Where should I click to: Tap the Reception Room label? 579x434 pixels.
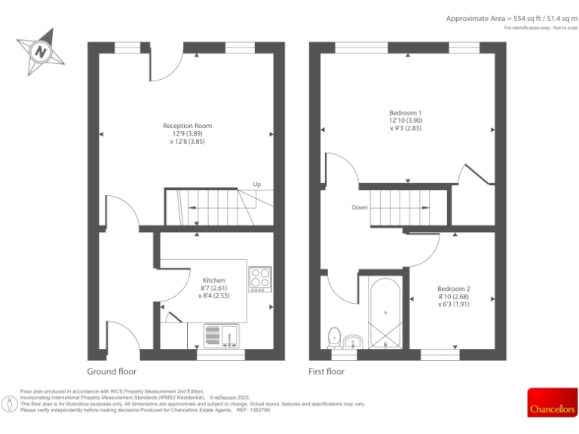pos(187,126)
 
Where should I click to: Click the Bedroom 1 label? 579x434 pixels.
pos(405,113)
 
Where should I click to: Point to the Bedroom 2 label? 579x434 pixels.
pos(454,289)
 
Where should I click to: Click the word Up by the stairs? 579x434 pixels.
pos(257,185)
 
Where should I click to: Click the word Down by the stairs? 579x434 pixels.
pos(360,207)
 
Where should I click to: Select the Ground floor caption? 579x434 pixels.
pos(112,371)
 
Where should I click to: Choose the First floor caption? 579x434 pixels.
pos(326,371)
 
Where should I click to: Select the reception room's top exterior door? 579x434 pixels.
pos(166,64)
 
